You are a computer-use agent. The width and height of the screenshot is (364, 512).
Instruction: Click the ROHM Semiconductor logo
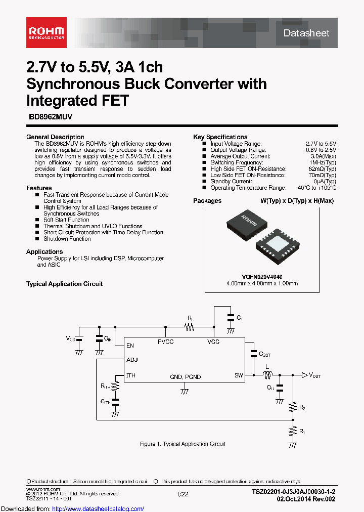45,32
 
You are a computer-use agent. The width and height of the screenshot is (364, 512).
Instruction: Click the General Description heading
55,137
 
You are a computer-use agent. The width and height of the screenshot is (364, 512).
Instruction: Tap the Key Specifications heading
220,137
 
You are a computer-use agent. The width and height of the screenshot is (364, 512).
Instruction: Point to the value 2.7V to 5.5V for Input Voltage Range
321,144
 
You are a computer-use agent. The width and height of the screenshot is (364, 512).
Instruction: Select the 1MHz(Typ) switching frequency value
322,163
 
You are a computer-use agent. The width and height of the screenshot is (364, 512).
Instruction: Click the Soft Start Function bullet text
66,220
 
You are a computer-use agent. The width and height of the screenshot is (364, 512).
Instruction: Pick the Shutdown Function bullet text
67,239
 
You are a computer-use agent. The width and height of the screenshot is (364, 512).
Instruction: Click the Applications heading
44,252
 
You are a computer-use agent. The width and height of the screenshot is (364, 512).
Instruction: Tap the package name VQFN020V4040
262,277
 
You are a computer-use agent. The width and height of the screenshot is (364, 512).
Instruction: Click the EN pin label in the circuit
130,346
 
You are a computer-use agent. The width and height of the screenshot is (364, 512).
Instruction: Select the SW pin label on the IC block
239,375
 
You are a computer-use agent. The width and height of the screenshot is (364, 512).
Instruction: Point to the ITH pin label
131,375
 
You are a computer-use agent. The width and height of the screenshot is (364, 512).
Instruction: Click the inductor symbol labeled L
267,375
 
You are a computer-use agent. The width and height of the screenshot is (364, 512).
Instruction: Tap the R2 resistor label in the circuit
302,407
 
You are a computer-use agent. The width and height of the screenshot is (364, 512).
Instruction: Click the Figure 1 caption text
183,444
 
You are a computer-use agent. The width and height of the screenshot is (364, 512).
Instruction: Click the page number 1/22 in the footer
183,493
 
